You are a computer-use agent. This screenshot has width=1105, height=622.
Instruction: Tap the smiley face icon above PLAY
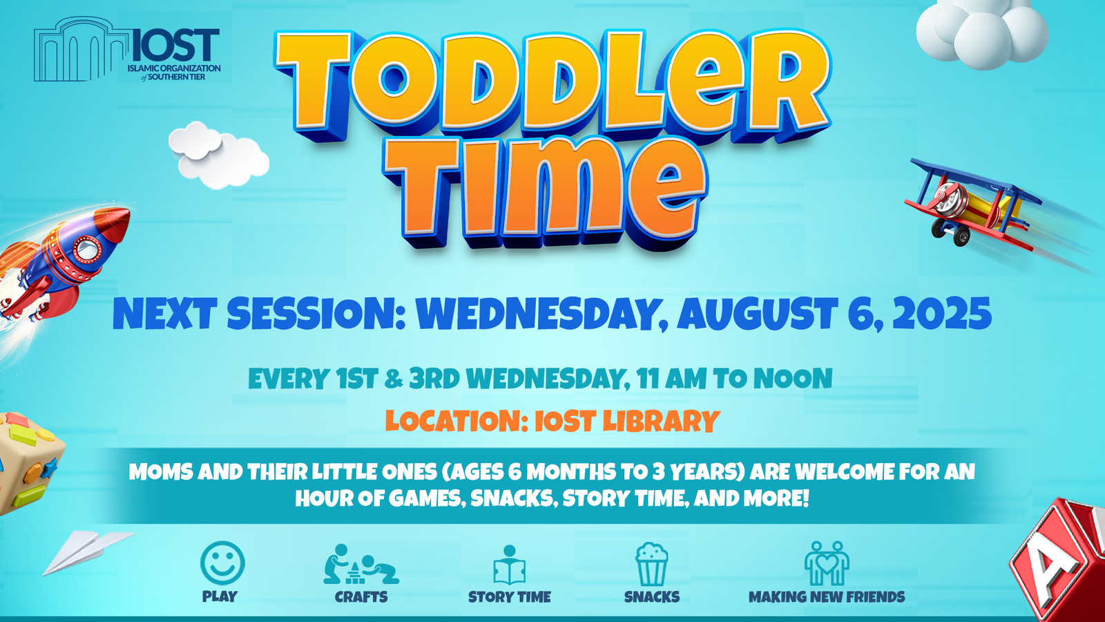pyautogui.click(x=222, y=563)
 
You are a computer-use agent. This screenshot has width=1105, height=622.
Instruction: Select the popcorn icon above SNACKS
pyautogui.click(x=652, y=564)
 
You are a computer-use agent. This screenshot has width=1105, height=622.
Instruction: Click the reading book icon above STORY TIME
pyautogui.click(x=509, y=565)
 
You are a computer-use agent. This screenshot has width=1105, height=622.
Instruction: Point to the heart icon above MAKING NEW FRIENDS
pyautogui.click(x=827, y=563)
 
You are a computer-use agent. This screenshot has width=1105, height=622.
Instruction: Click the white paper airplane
pyautogui.click(x=88, y=552)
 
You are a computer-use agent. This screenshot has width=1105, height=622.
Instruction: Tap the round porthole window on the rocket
pyautogui.click(x=87, y=249)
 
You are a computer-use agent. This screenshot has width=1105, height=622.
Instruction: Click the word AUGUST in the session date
pyautogui.click(x=757, y=314)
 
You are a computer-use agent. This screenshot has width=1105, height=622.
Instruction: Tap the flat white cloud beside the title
pyautogui.click(x=218, y=155)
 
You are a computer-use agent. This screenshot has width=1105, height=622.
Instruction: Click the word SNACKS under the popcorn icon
pyautogui.click(x=652, y=597)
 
